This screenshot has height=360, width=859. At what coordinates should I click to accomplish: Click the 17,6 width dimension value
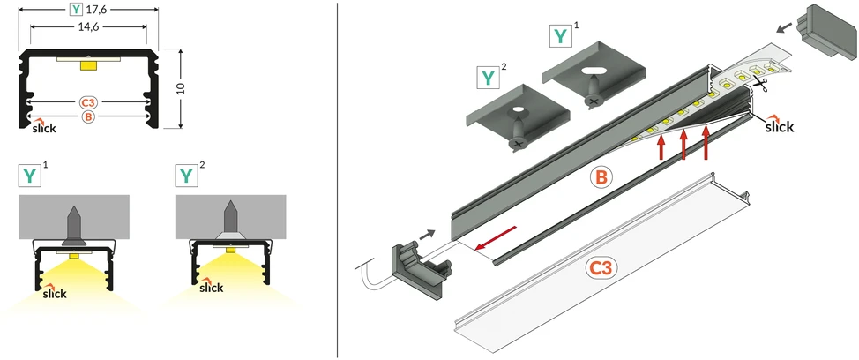(96, 10)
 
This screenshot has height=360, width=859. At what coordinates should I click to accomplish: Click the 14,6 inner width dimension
(87, 26)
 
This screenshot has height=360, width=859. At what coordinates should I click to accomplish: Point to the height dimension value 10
(182, 89)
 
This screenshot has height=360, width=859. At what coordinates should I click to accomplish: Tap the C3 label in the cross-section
(87, 102)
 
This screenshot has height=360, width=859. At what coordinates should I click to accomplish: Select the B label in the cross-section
(87, 116)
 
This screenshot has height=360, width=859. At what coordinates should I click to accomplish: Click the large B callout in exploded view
(601, 177)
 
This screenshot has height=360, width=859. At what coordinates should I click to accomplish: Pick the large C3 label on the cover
(602, 268)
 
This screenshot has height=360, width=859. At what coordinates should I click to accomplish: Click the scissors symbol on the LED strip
(759, 83)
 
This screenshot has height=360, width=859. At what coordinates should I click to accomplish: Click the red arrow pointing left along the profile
(496, 238)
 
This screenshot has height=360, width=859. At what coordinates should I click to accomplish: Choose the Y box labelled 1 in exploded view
(560, 36)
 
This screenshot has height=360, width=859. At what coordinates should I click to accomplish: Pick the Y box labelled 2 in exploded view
(488, 78)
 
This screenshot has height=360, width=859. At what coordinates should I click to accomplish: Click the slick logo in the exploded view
(779, 124)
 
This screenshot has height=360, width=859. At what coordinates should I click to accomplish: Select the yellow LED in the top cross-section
(87, 65)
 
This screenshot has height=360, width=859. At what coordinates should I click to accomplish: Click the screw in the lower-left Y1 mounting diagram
(74, 225)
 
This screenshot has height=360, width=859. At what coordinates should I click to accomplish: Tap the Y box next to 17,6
(77, 10)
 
